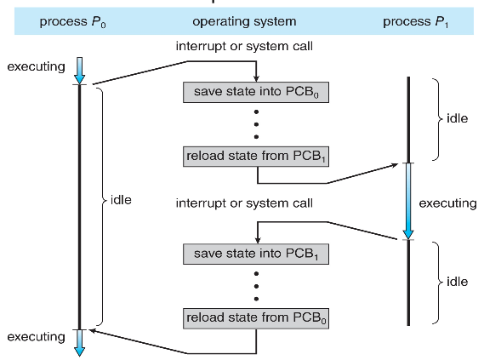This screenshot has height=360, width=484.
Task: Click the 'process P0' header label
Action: [73, 21]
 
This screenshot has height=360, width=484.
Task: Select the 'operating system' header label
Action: [244, 21]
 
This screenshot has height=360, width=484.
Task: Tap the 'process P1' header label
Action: [415, 21]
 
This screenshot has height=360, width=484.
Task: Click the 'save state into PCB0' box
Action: [256, 92]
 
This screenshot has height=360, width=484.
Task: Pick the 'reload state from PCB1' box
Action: [256, 157]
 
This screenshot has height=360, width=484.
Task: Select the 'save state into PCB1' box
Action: [256, 254]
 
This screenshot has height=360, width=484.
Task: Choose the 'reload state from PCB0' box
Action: [256, 318]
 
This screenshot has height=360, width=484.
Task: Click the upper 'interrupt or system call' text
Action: [244, 46]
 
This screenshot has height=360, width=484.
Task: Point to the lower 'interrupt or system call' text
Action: [244, 203]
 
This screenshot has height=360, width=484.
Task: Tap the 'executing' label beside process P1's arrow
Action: [447, 203]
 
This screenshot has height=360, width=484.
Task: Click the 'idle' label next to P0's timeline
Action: [121, 200]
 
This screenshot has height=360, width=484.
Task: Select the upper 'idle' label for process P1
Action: [457, 118]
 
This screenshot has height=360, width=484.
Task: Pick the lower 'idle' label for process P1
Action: [457, 282]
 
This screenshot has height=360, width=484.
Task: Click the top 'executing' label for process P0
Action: [36, 66]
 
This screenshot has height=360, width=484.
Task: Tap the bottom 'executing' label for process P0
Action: [36, 337]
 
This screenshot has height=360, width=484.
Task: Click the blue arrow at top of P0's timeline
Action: [80, 71]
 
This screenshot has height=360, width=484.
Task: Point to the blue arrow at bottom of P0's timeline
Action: [80, 343]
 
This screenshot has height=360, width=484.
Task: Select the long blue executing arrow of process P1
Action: [408, 202]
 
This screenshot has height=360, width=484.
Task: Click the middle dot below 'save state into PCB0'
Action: [256, 124]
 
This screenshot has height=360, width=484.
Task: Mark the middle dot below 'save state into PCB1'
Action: [256, 286]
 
